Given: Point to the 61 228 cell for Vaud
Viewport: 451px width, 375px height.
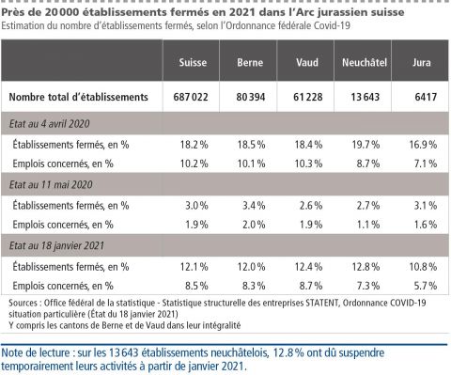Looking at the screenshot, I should click(x=306, y=97).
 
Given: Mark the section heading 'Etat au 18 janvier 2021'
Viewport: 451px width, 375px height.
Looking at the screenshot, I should click(x=60, y=245).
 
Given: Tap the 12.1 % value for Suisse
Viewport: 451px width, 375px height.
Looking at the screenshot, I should click(x=193, y=265).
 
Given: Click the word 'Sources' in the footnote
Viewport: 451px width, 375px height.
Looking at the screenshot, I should click(x=24, y=303).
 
